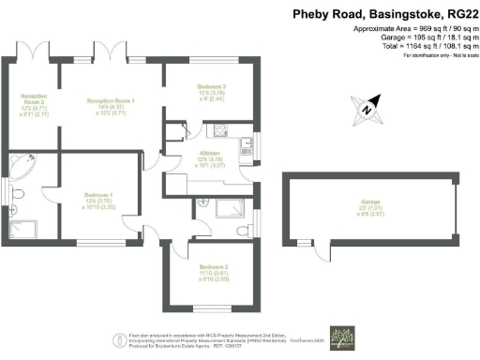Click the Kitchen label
pyautogui.click(x=210, y=159)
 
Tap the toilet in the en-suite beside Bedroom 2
pyautogui.click(x=243, y=229)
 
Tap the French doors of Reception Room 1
pyautogui.click(x=104, y=50)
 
